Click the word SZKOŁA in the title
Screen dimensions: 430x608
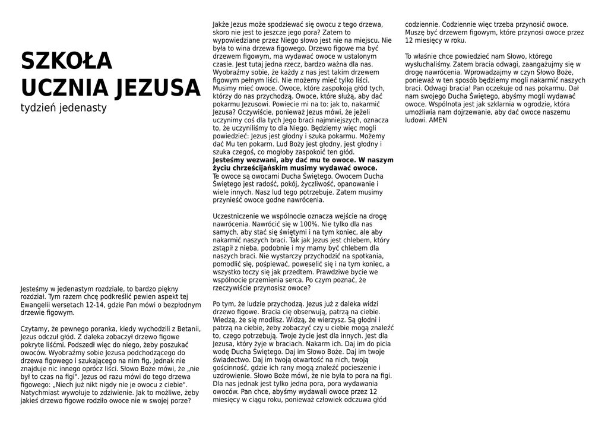click(66, 61)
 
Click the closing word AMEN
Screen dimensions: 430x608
click(438, 120)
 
